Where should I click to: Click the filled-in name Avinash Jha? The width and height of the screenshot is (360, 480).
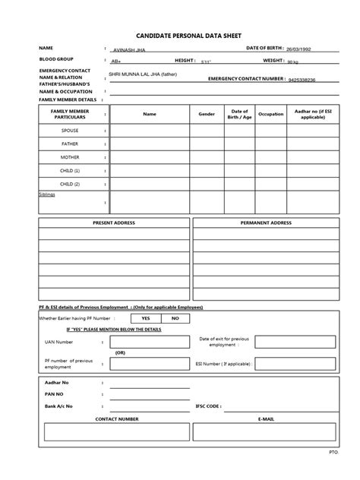128,49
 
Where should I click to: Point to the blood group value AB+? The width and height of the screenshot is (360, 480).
116,61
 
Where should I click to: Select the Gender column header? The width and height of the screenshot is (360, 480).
207,115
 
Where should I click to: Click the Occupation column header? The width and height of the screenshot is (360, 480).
270,115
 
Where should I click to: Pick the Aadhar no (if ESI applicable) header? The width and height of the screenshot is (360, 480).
313,115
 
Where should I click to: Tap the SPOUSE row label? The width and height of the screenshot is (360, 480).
70,131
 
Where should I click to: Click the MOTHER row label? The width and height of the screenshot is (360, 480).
70,157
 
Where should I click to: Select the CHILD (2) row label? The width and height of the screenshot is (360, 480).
70,184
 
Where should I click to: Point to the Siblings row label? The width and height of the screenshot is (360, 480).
48,194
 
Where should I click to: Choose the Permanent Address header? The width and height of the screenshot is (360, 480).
266,223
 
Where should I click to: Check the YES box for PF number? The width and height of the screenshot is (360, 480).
146,318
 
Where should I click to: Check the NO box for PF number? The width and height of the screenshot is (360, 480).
175,318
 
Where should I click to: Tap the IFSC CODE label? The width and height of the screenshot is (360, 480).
208,406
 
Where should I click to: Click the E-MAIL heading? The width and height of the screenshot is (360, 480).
265,418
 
